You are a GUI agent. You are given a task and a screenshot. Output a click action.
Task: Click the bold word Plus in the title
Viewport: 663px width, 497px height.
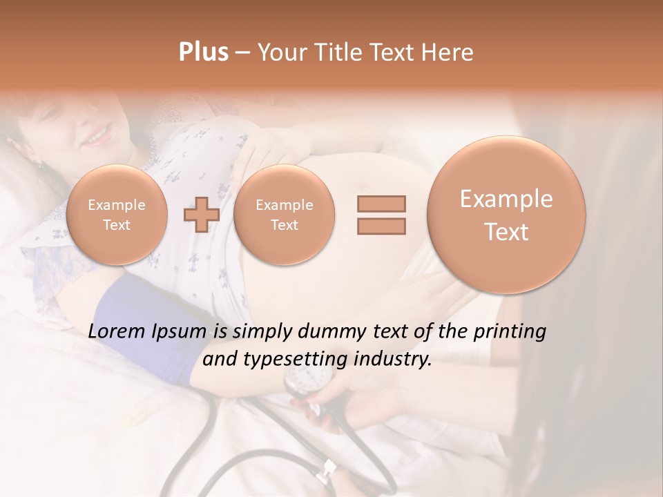point(203,52)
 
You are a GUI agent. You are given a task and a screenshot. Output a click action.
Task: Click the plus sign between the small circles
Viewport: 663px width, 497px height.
point(201,215)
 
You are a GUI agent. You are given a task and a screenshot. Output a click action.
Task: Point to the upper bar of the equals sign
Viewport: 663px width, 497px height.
point(381,203)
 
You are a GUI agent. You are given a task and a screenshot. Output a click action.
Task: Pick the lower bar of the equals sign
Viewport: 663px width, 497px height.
point(381,226)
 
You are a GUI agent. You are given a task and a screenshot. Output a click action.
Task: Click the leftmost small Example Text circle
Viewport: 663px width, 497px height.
point(117,215)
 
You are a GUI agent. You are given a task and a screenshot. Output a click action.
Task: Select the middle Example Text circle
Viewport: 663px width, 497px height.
point(284,215)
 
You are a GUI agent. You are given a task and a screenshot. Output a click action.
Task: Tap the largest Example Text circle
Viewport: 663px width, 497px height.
point(506,215)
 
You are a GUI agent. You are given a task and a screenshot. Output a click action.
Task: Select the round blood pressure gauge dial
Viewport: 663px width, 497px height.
point(305,378)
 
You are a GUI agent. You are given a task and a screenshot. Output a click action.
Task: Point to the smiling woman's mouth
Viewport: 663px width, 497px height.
point(96,135)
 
